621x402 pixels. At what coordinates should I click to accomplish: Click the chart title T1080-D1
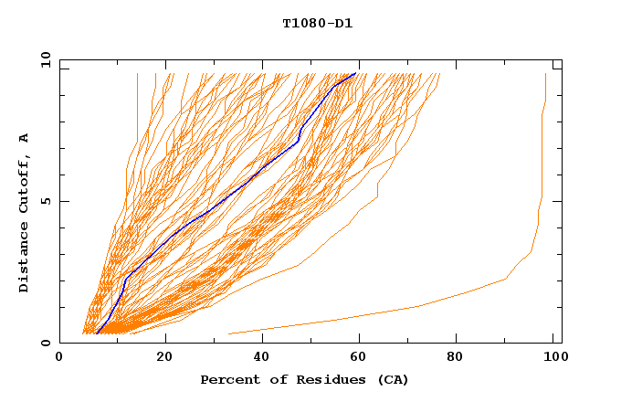[317, 23]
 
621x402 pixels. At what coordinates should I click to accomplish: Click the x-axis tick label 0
[59, 357]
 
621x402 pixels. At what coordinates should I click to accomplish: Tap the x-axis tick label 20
[165, 357]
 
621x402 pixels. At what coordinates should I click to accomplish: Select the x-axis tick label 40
[262, 357]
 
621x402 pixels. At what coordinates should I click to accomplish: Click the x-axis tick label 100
[552, 357]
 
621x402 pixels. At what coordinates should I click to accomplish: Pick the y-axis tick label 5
[45, 201]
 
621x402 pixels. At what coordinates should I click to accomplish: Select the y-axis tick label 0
[45, 343]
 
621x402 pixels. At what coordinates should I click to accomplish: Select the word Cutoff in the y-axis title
[25, 185]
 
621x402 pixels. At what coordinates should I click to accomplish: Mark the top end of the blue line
[356, 73]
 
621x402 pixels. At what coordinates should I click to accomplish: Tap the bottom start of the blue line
[96, 333]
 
